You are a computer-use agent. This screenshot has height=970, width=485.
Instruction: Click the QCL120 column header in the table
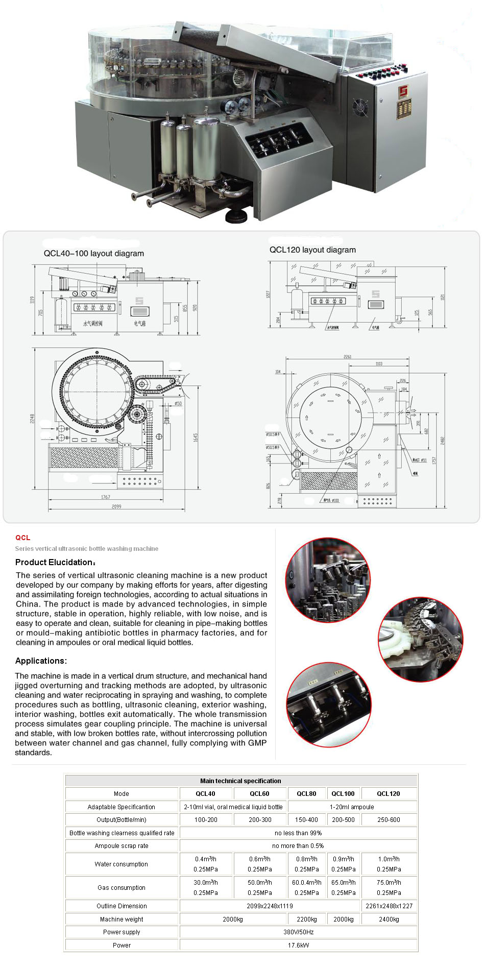point(388,793)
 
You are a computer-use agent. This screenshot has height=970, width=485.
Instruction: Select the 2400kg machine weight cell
point(389,919)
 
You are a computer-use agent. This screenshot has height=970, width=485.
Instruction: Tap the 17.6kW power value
point(298,945)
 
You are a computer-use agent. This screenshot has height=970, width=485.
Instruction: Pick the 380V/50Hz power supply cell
point(298,932)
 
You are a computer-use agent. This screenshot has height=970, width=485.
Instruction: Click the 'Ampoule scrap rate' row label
point(122,845)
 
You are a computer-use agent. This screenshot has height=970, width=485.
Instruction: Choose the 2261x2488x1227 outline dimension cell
point(389,906)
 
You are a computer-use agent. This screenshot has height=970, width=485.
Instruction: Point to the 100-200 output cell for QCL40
point(206,819)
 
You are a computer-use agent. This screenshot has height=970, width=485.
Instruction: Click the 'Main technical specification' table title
point(240,781)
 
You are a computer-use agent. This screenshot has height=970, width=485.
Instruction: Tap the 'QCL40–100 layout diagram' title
point(94,253)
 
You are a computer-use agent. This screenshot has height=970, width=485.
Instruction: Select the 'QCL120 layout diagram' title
point(312,250)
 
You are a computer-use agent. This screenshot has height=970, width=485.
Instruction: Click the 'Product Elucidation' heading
point(55,562)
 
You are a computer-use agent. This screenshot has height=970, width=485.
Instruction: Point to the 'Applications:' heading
point(41,661)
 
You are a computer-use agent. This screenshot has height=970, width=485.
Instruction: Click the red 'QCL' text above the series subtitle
point(23,538)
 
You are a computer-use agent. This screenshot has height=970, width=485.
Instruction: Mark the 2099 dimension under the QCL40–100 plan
point(116,506)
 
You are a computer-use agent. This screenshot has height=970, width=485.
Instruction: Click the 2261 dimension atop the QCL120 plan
point(347,356)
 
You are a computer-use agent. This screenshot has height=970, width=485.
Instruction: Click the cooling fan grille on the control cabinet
point(361,108)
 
